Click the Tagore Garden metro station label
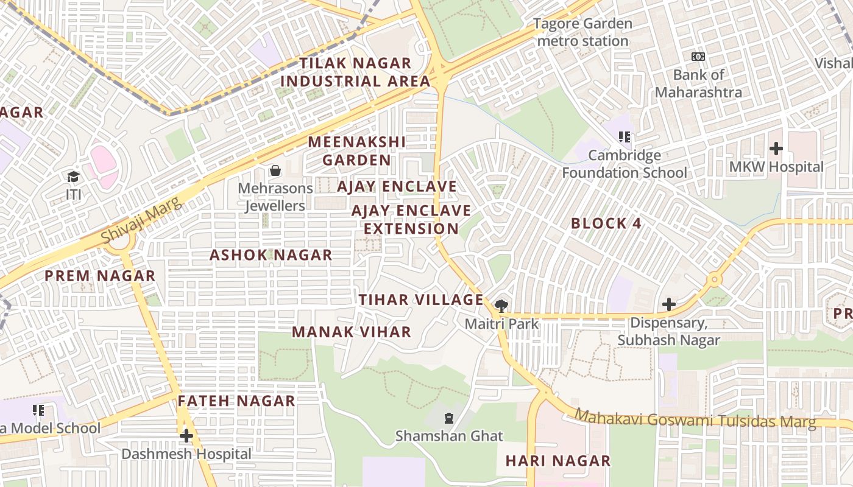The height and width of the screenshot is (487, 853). point(583,32)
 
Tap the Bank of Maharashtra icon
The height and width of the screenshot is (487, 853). point(698,57)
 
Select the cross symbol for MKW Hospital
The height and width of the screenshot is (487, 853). point(776,148)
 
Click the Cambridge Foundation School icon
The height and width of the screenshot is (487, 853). point(624,137)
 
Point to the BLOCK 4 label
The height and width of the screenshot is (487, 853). point(606,223)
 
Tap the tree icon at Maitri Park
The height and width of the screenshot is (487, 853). point(501,306)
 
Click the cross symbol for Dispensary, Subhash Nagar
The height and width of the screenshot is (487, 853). point(669,304)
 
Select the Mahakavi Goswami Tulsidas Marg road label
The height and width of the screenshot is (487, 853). point(695,419)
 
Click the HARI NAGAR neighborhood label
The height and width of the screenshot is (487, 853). point(557,461)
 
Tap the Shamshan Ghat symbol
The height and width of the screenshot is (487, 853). point(449,418)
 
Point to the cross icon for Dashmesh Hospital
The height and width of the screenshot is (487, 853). point(186,436)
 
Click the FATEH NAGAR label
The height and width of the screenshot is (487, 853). point(236,401)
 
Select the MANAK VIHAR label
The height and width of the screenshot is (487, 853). point(352,332)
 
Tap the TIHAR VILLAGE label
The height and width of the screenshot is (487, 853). point(420,300)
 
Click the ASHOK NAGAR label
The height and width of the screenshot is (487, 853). point(271,255)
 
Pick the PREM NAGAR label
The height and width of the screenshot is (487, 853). point(100,276)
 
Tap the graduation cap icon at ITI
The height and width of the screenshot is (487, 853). point(74,177)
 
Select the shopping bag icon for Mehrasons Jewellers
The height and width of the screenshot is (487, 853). point(275,170)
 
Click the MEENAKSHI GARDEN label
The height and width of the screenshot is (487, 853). point(356,151)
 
